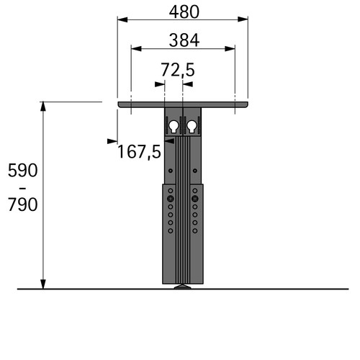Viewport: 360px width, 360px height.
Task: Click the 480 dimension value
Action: [184, 12]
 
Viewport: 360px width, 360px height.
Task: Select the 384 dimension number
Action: [184, 40]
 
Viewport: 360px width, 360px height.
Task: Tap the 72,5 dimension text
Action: [178, 70]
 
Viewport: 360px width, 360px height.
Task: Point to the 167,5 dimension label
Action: [139, 152]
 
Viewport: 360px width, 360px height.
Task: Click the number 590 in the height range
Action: [23, 171]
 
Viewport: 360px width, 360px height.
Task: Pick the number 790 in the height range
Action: [23, 204]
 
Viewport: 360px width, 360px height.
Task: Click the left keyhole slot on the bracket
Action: [174, 127]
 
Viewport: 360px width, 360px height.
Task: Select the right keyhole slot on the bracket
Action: [192, 127]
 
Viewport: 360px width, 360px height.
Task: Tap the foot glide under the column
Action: [183, 287]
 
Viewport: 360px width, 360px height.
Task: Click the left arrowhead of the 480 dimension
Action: [122, 19]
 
